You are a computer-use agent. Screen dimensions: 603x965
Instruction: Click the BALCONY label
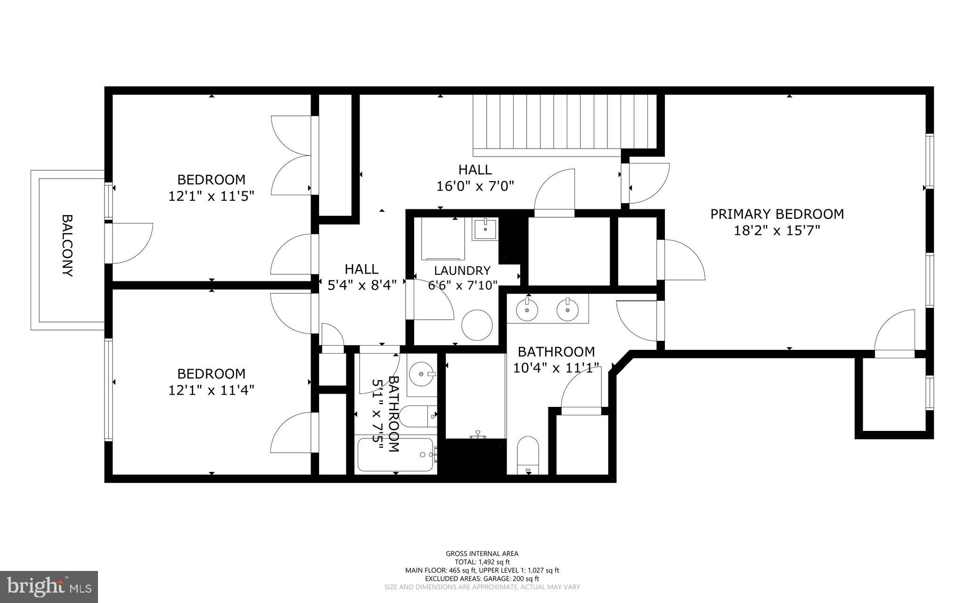(67, 246)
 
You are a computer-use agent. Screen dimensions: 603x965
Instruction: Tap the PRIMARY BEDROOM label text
(777, 214)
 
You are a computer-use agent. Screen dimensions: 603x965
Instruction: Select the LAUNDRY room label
(462, 271)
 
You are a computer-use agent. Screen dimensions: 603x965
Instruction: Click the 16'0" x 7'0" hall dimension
(474, 186)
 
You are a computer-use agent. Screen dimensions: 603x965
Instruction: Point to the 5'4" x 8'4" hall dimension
(361, 285)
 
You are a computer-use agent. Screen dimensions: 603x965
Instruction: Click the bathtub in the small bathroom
(395, 454)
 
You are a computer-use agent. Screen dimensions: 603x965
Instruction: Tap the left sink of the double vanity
(527, 310)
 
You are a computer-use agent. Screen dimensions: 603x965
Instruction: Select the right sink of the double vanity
(567, 310)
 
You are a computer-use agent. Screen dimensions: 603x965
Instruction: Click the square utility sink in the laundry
(484, 229)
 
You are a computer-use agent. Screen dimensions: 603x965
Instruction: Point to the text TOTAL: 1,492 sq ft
(482, 562)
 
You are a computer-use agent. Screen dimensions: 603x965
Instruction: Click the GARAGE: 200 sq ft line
(482, 578)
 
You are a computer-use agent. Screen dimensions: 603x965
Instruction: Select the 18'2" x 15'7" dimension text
(777, 231)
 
